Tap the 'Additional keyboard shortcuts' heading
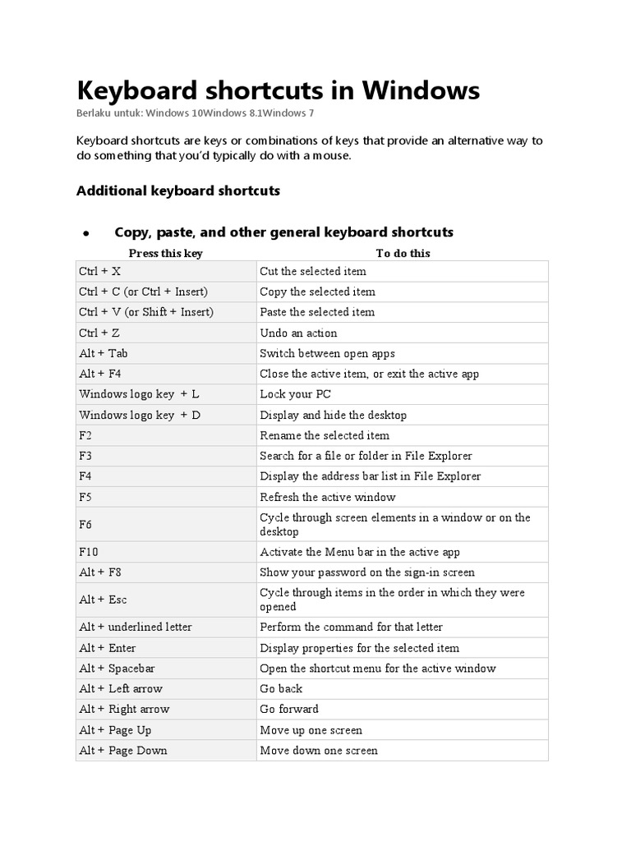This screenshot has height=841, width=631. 178,191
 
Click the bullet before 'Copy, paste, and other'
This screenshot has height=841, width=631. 85,234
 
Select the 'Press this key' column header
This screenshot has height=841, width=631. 165,253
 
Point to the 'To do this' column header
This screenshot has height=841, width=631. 403,253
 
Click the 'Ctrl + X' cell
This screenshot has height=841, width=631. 99,271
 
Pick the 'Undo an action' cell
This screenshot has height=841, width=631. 298,333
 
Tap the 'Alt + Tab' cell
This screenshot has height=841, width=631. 104,353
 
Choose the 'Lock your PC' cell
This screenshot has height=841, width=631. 295,394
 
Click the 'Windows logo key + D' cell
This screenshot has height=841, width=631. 140,415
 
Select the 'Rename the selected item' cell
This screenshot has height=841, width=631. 325,435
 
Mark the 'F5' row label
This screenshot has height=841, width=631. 86,497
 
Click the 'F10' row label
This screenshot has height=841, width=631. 89,552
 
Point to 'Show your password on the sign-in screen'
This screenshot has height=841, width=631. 367,572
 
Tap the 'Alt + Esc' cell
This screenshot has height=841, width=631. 103,600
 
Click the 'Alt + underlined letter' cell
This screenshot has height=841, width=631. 136,627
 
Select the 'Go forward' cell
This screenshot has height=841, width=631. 289,709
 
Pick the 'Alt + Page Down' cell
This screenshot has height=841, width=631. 123,750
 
